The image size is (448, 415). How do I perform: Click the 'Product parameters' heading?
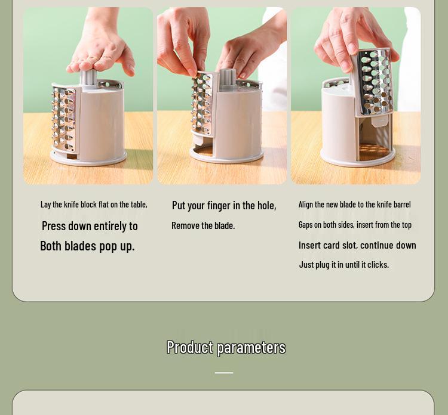pyautogui.click(x=226, y=348)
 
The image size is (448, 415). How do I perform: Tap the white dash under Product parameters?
pyautogui.click(x=224, y=373)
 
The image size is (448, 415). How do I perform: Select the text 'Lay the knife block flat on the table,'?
pyautogui.click(x=94, y=205)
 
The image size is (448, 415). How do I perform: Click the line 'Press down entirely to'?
pyautogui.click(x=90, y=226)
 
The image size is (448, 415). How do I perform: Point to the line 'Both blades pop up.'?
pyautogui.click(x=87, y=246)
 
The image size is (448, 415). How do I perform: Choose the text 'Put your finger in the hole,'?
pyautogui.click(x=224, y=205)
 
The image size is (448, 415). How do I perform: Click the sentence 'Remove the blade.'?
pyautogui.click(x=203, y=225)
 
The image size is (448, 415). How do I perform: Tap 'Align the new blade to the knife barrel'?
pyautogui.click(x=355, y=205)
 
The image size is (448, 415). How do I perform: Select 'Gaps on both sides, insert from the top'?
pyautogui.click(x=355, y=225)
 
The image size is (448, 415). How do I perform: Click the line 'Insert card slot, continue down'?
pyautogui.click(x=357, y=245)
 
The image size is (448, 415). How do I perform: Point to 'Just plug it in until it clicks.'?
pyautogui.click(x=344, y=265)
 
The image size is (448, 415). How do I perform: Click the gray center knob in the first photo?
pyautogui.click(x=88, y=78)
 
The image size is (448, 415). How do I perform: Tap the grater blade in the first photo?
pyautogui.click(x=64, y=119)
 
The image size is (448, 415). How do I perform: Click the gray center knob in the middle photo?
pyautogui.click(x=228, y=78)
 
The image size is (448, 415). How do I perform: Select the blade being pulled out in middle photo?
pyautogui.click(x=202, y=103)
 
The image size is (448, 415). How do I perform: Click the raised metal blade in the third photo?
pyautogui.click(x=375, y=82)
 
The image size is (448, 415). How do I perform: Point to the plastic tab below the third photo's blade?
pyautogui.click(x=380, y=121)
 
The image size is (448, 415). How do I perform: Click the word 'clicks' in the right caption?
pyautogui.click(x=378, y=265)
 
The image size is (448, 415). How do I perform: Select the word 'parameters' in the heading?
pyautogui.click(x=251, y=348)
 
